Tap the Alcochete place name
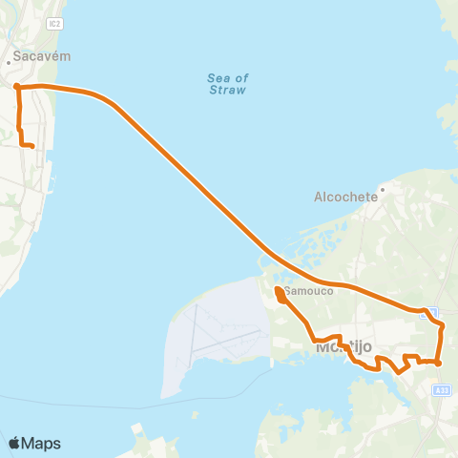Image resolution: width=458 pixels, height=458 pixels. (347, 198)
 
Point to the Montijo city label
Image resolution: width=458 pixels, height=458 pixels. (342, 348)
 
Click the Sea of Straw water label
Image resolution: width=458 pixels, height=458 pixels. (227, 84)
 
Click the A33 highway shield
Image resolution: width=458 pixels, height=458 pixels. (440, 390)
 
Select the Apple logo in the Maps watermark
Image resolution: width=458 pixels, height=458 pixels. (14, 443)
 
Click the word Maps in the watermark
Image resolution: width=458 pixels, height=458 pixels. (41, 443)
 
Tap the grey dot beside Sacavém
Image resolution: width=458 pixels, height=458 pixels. (9, 63)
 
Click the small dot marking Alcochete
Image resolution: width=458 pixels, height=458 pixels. (382, 189)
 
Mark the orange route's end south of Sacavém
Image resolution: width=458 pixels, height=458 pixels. (32, 146)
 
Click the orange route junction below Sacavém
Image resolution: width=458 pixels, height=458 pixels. (17, 87)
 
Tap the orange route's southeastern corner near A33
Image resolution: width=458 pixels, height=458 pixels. (438, 363)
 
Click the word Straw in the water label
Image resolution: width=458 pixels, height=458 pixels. (227, 91)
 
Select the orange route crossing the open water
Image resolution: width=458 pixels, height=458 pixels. (191, 177)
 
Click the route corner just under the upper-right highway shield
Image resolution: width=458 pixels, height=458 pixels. (441, 326)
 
